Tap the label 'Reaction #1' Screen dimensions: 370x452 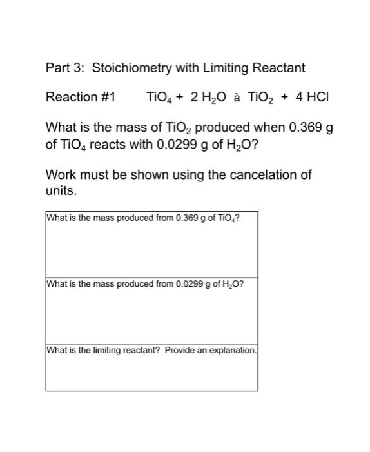(80, 98)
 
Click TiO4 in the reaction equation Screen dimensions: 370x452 (159, 98)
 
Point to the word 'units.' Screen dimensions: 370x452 (61, 191)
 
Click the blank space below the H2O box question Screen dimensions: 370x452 (151, 317)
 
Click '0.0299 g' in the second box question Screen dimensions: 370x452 (191, 284)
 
